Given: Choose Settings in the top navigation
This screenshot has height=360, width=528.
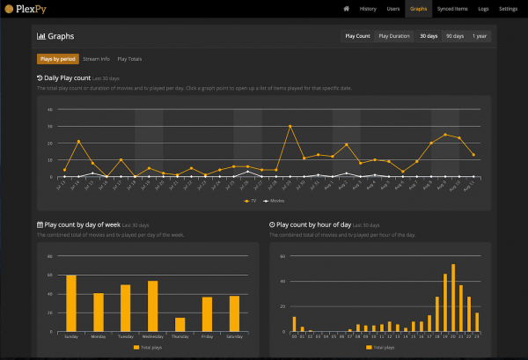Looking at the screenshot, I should coord(509,8).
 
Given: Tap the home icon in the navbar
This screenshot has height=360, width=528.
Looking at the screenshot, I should coord(347,8).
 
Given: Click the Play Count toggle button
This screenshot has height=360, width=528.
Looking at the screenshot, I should coord(357,36).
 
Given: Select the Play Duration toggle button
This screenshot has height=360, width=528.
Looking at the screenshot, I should coord(393,36).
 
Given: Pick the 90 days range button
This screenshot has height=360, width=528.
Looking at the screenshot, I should coord(455,36).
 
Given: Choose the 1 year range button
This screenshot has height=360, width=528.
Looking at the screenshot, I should coord(480,36).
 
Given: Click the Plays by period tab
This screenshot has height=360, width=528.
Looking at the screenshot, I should coord(55,59).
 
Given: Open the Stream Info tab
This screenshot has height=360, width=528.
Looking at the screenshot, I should coord(96,59).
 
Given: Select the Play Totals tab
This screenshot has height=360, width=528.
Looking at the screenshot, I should coord(129,59).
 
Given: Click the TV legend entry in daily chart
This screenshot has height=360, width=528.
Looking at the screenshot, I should coord(251,200).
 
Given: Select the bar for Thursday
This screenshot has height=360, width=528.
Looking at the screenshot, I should coord(180,323).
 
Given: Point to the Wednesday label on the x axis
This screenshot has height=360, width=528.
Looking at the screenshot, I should coord(153,335).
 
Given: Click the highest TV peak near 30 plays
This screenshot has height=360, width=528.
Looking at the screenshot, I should coord(290,126).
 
